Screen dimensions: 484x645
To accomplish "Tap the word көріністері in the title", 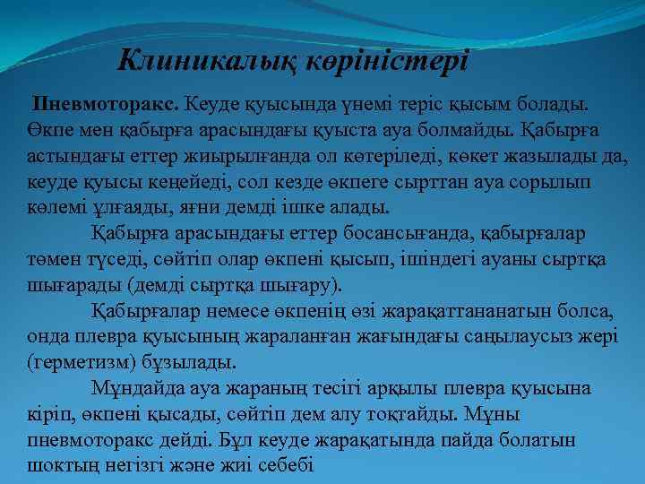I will click(x=387, y=62).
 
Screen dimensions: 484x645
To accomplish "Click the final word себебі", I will click(x=285, y=464).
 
